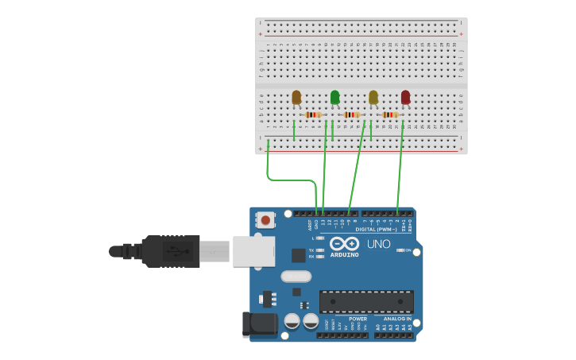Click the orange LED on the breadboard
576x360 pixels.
pos(296,97)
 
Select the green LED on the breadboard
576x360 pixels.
pos(334,97)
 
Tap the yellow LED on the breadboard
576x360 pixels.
pos(373,97)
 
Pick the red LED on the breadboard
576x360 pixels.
pos(405,97)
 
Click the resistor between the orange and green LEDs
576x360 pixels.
pos(313,114)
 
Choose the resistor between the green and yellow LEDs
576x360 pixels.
pos(352,114)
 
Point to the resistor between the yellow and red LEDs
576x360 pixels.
pos(390,114)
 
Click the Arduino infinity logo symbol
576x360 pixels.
pos(345,244)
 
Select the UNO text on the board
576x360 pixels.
pos(379,244)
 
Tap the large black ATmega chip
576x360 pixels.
pos(366,302)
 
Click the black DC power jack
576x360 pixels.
pos(260,323)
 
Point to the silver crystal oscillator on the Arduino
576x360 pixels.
pos(296,277)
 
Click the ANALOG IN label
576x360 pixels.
pos(398,319)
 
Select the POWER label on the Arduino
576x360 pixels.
pos(358,319)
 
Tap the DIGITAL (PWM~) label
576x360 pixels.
pos(377,229)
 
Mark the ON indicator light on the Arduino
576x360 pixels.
pos(400,250)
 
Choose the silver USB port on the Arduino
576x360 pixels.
pos(253,251)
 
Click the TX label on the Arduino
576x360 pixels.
pos(311,250)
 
